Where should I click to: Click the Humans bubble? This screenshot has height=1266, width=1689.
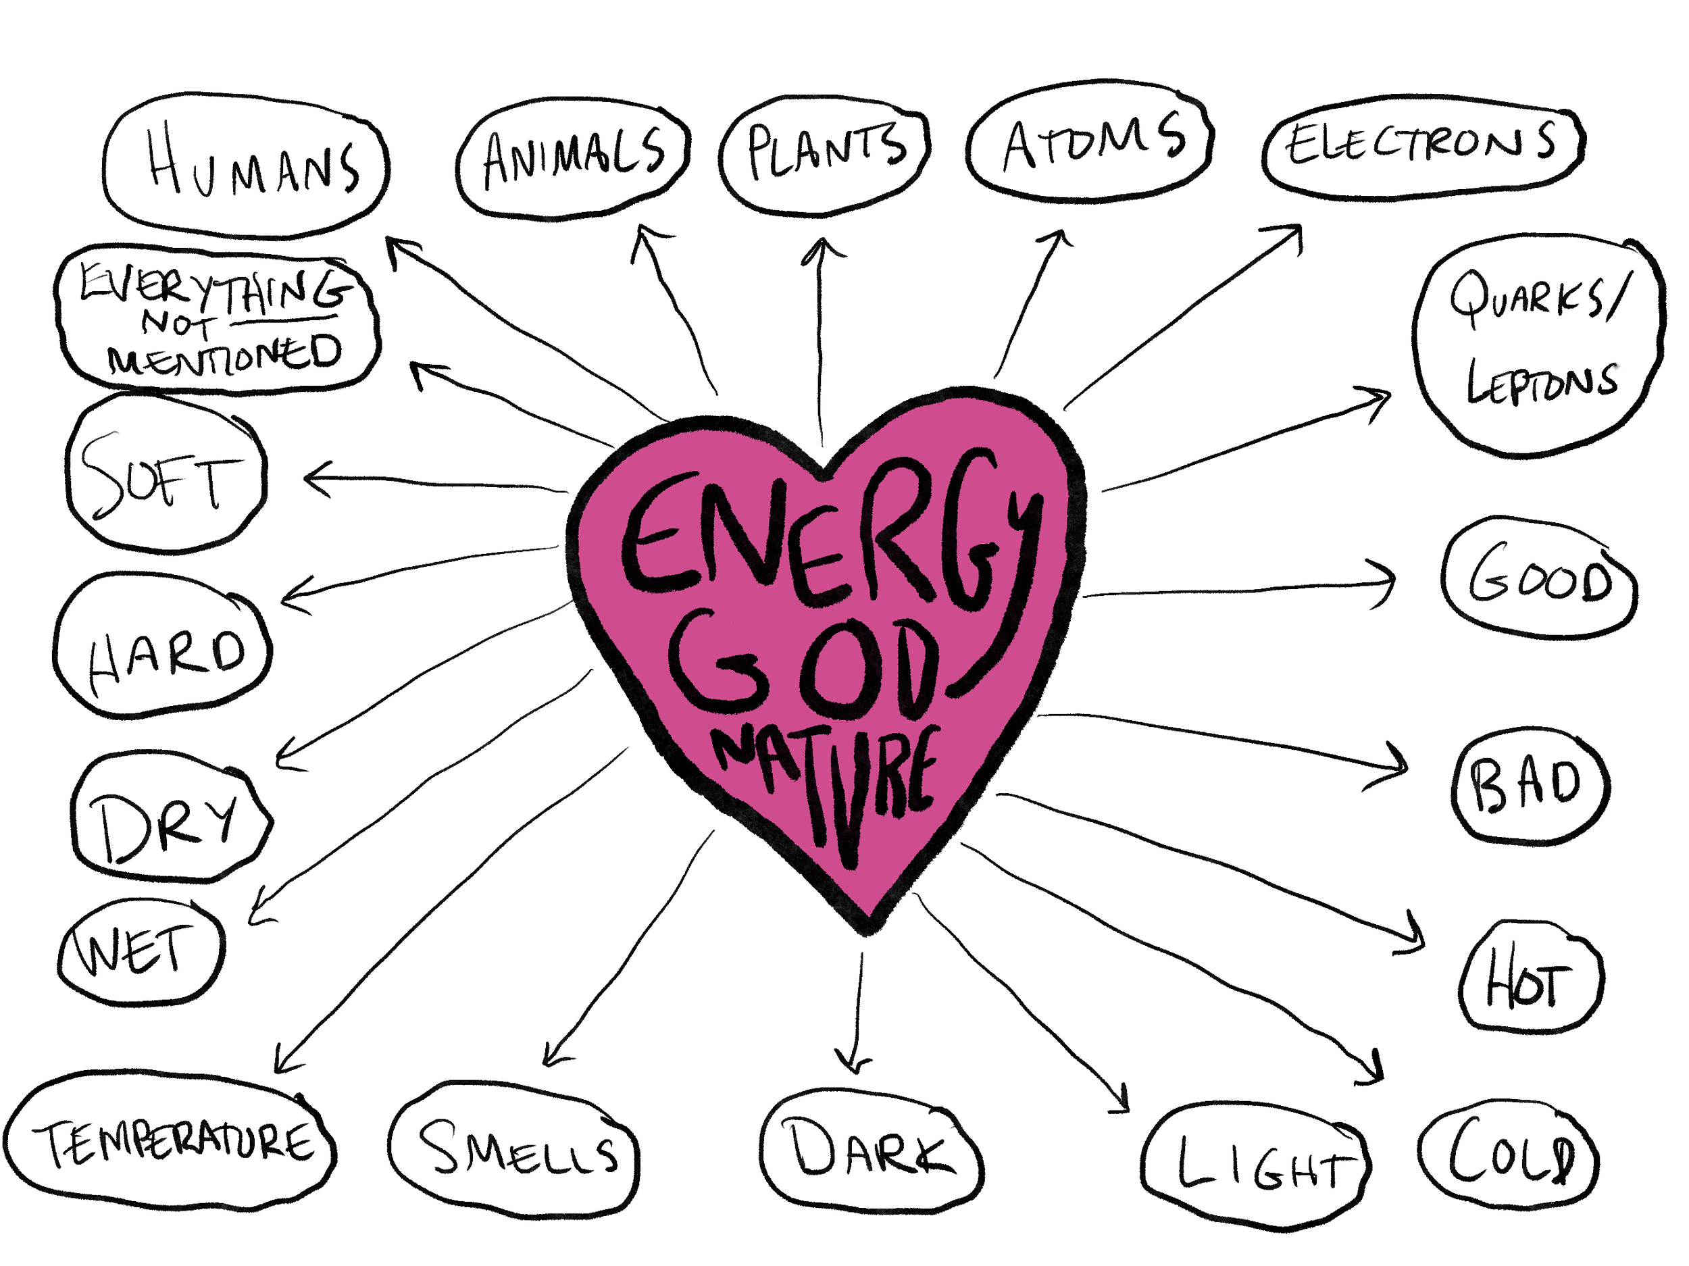click(246, 166)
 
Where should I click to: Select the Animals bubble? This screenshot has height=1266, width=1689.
click(573, 158)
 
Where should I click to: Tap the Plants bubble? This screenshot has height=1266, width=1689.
click(825, 153)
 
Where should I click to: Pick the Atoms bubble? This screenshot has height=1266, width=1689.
click(1090, 142)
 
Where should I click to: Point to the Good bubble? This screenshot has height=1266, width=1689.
click(1539, 579)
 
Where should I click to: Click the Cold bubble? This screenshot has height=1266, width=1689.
click(1509, 1154)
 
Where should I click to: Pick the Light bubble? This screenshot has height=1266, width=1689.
click(1256, 1164)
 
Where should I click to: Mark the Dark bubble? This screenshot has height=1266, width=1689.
click(870, 1150)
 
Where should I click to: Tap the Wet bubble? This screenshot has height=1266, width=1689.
click(141, 951)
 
